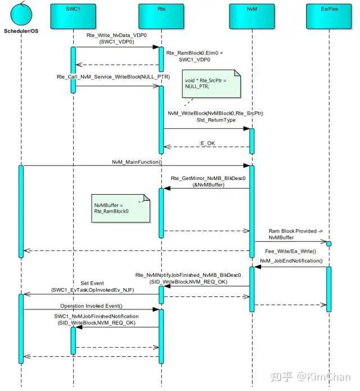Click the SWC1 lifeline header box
(73, 16)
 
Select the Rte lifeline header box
(161, 16)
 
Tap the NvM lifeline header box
(252, 16)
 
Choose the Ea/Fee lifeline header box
(329, 16)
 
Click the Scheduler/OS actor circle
(21, 14)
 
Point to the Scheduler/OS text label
(21, 31)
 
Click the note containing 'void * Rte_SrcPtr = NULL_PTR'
(211, 84)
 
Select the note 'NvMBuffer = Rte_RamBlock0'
(121, 209)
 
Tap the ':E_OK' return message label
(207, 143)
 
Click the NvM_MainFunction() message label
(137, 162)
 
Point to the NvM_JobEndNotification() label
(291, 261)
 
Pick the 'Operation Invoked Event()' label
(91, 306)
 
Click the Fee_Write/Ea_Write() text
(290, 251)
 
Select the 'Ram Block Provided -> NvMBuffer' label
(295, 235)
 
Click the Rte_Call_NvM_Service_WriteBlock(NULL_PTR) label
(113, 77)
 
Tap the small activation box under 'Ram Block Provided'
(329, 244)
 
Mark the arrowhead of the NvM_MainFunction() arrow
(246, 165)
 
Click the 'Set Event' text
(92, 284)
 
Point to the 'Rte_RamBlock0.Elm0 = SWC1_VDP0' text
(195, 56)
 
